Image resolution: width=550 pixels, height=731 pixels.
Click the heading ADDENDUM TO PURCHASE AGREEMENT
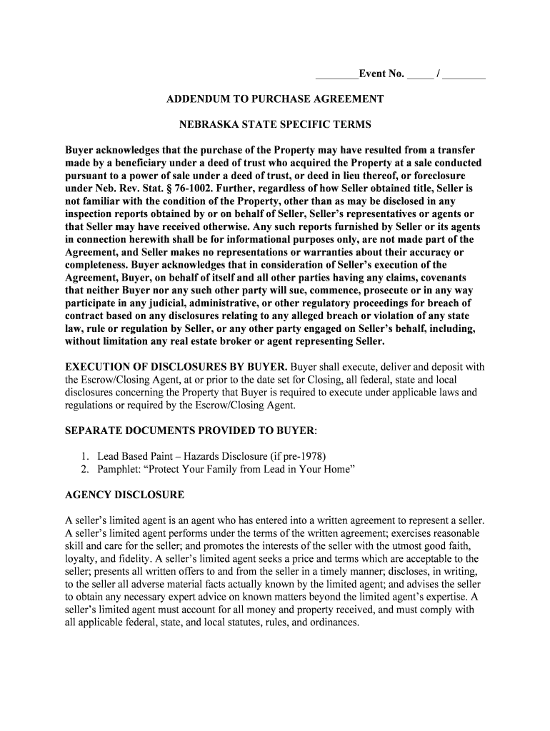point(275,99)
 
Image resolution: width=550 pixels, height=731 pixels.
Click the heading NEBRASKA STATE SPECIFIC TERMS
point(275,124)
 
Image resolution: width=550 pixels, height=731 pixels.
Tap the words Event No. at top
point(381,74)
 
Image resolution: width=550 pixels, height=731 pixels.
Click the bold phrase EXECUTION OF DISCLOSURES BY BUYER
point(176,367)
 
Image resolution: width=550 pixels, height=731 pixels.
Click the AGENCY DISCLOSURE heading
point(124,495)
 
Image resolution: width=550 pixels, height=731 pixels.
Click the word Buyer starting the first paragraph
point(80,150)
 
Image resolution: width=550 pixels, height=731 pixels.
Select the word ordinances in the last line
point(333,622)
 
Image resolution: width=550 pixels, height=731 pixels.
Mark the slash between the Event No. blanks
point(438,74)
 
